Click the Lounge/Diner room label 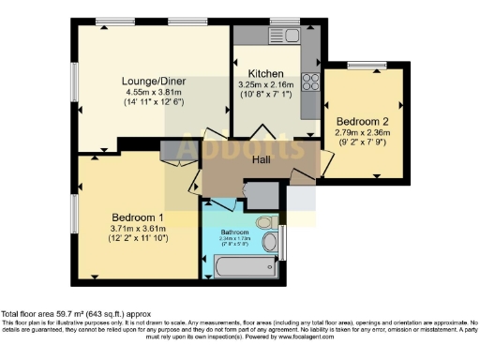coord(153,82)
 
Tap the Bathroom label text coord(235,231)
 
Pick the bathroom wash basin coord(270,244)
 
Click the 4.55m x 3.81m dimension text coord(153,92)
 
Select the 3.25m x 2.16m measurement coord(266,83)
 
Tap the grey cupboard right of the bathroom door coord(262,195)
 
